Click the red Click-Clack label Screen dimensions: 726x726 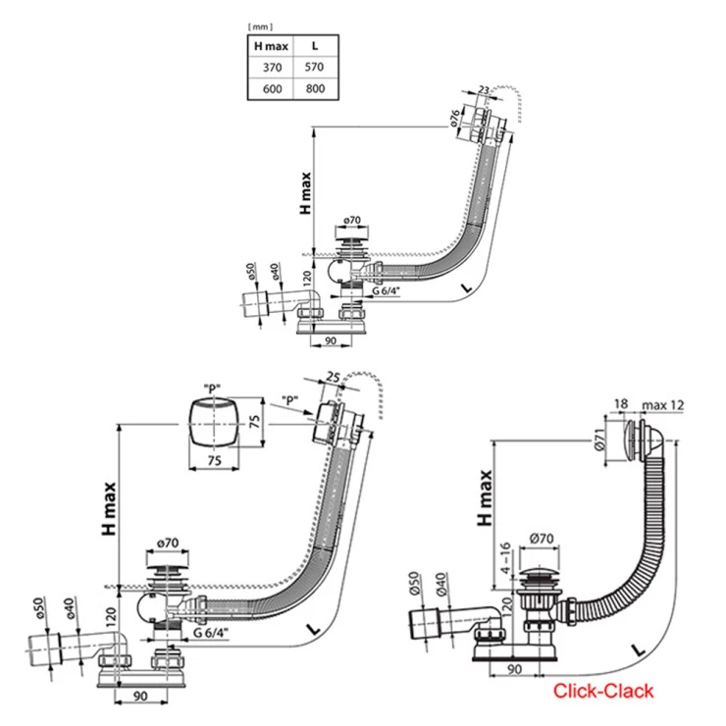[x=602, y=691]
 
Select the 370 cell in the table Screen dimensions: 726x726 [x=267, y=67]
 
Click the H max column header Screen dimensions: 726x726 [x=267, y=45]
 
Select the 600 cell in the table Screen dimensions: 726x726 [x=267, y=88]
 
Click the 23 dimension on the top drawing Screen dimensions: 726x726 [x=484, y=90]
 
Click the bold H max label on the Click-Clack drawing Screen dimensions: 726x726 [x=484, y=499]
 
